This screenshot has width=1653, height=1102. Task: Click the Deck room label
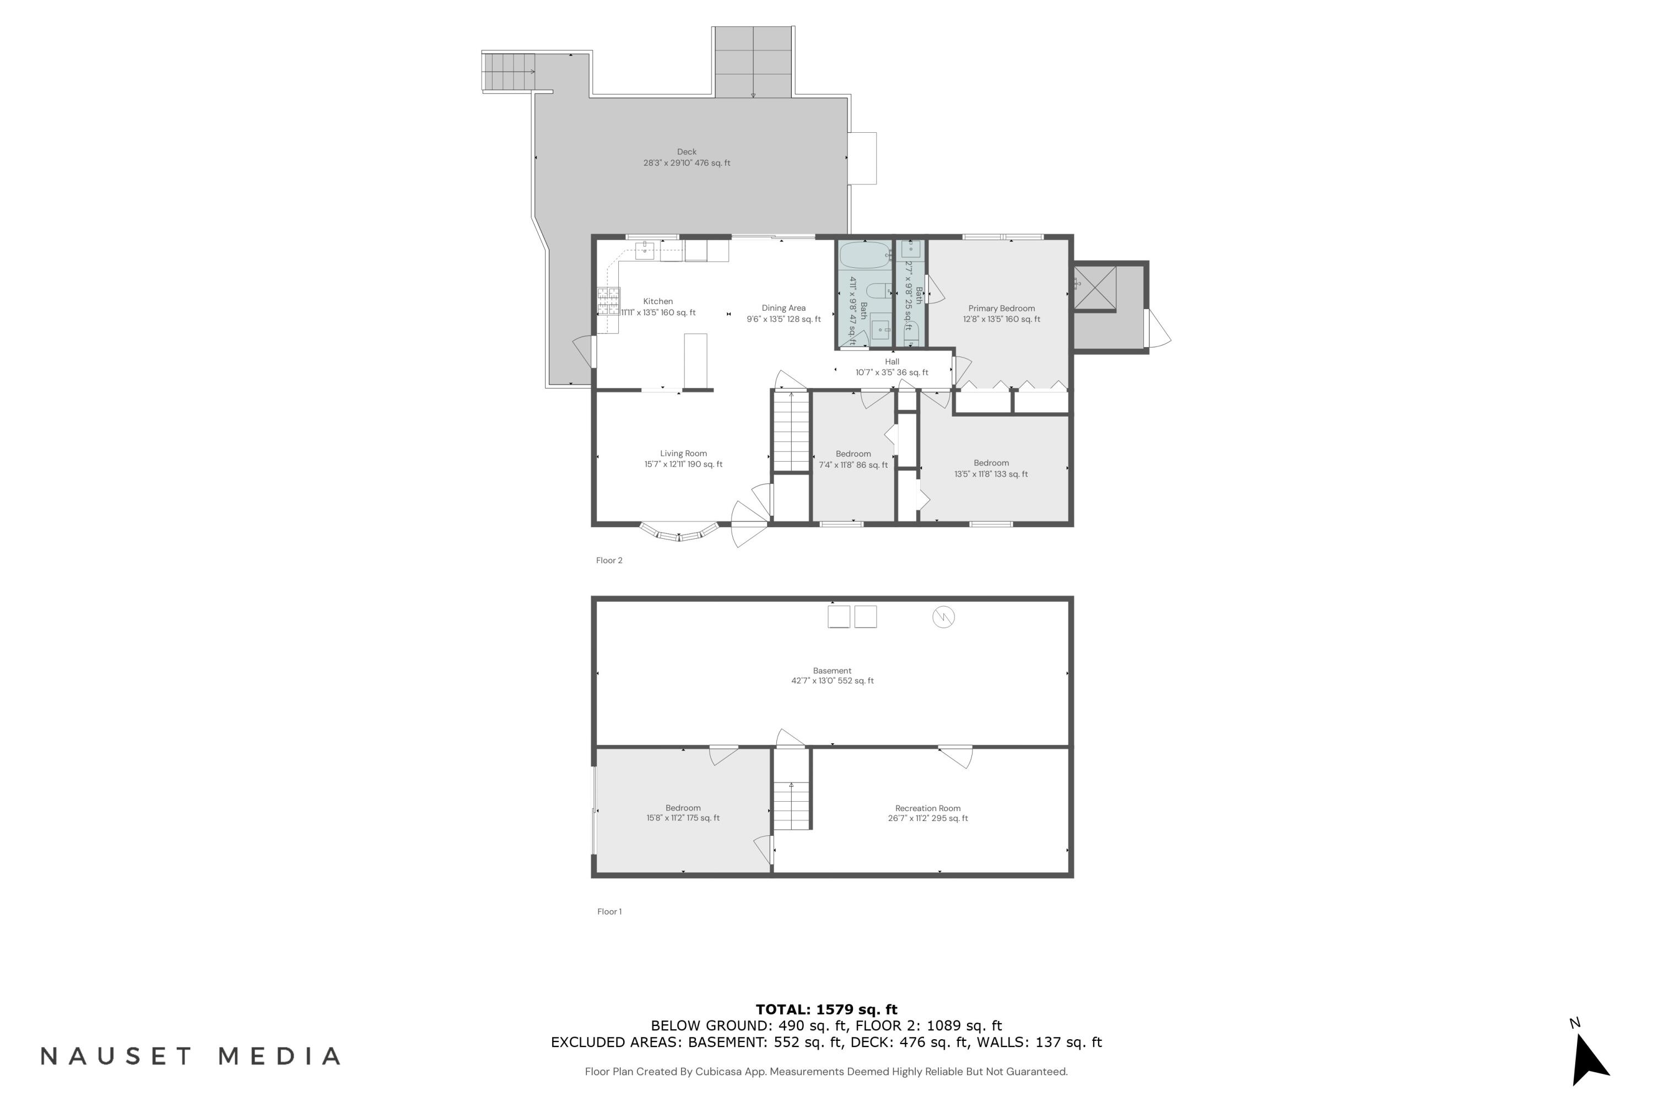tap(687, 152)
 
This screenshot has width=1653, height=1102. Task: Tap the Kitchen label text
tap(658, 301)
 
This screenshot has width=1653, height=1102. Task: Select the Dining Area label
tap(784, 308)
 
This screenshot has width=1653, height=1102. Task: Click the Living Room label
tap(683, 453)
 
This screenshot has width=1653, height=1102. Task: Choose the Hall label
tap(892, 362)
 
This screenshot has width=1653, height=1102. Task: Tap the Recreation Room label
tap(928, 808)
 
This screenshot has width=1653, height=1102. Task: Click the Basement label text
tap(832, 671)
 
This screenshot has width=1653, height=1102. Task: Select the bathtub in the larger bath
tap(865, 255)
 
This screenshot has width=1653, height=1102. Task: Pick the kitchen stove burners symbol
tap(609, 301)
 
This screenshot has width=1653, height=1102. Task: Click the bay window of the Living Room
tap(679, 533)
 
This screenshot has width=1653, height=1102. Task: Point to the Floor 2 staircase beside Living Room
tap(791, 431)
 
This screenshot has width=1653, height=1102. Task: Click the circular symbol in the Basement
tap(943, 617)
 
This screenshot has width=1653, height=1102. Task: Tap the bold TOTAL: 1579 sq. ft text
tap(827, 1010)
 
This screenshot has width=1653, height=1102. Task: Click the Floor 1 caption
tap(609, 911)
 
